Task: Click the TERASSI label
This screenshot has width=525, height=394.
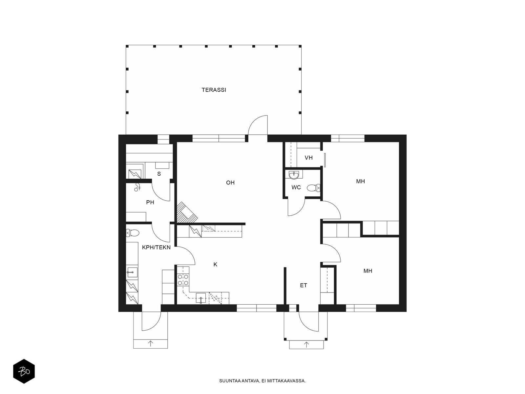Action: (x=214, y=90)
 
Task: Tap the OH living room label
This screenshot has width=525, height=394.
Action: (x=230, y=183)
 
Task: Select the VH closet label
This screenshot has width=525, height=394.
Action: (x=308, y=158)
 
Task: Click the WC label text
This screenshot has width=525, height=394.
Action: (x=296, y=187)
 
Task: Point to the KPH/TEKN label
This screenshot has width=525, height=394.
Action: (x=156, y=248)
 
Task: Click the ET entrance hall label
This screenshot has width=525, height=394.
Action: (x=304, y=285)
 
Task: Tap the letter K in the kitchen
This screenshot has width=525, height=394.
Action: (x=215, y=265)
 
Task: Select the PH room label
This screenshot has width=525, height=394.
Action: (x=150, y=203)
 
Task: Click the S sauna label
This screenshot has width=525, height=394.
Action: (x=159, y=174)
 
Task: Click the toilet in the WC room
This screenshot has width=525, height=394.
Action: (x=314, y=188)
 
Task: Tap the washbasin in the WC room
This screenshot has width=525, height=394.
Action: (x=294, y=175)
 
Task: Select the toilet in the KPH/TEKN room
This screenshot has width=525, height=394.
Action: (x=133, y=233)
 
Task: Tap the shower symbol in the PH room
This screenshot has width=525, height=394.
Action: (x=137, y=187)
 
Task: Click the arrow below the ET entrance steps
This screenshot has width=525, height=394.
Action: (x=306, y=345)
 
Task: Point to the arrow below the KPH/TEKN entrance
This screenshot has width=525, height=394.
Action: (x=150, y=344)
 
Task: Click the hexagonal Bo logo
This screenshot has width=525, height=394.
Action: (x=24, y=371)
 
